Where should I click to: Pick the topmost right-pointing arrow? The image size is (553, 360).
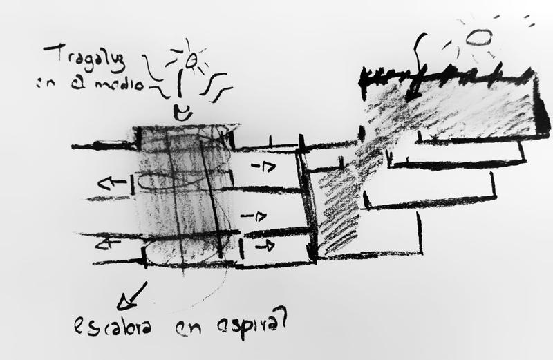(x=262, y=167)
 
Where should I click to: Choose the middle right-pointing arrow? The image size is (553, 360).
(x=256, y=216)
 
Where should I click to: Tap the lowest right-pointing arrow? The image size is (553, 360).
(x=264, y=245)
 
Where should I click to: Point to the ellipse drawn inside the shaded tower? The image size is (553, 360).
(x=176, y=181)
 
